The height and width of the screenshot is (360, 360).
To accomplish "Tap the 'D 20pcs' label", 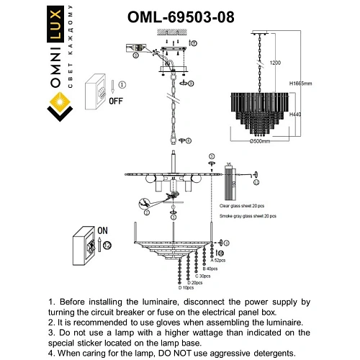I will [193, 282].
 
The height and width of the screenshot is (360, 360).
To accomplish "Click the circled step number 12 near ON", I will [107, 246].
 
